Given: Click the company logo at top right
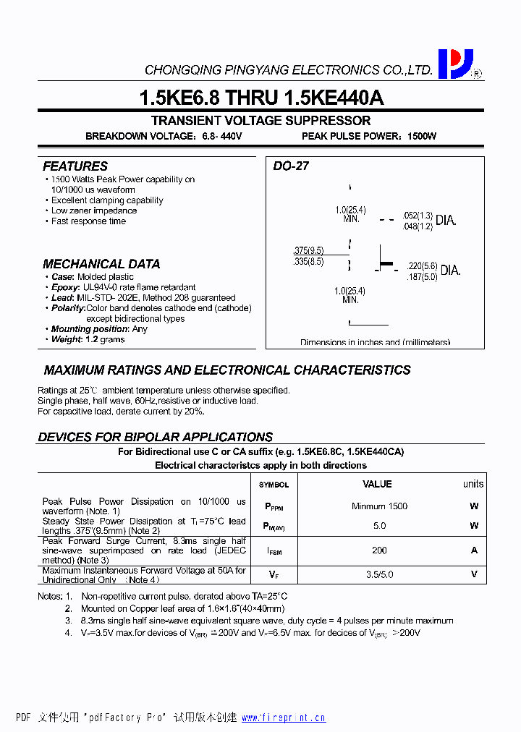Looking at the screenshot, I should pyautogui.click(x=455, y=64).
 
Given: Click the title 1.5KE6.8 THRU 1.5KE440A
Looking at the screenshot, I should pyautogui.click(x=260, y=98).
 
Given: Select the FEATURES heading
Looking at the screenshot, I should pyautogui.click(x=75, y=166).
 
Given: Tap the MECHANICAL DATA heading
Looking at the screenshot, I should pyautogui.click(x=101, y=264).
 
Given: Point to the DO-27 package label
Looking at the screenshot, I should pyautogui.click(x=291, y=166).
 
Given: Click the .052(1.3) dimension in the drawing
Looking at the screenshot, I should pyautogui.click(x=418, y=216).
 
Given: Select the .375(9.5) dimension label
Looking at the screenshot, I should pyautogui.click(x=308, y=250).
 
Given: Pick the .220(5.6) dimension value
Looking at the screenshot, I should pyautogui.click(x=422, y=265).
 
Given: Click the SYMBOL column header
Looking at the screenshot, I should pyautogui.click(x=274, y=485).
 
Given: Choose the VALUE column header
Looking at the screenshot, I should pyautogui.click(x=377, y=484).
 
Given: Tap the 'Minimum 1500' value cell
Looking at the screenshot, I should pyautogui.click(x=379, y=506).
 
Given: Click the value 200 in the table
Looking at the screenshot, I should pyautogui.click(x=379, y=550).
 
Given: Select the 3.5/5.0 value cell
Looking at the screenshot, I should pyautogui.click(x=379, y=575).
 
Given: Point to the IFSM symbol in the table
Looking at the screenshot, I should pyautogui.click(x=274, y=551).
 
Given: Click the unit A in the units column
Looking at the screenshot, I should pyautogui.click(x=475, y=550).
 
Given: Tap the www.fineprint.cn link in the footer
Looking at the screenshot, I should pyautogui.click(x=283, y=718).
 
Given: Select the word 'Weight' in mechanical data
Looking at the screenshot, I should pyautogui.click(x=67, y=339).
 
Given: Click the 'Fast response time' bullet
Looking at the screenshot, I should pyautogui.click(x=88, y=221).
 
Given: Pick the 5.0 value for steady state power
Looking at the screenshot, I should pyautogui.click(x=379, y=526).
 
